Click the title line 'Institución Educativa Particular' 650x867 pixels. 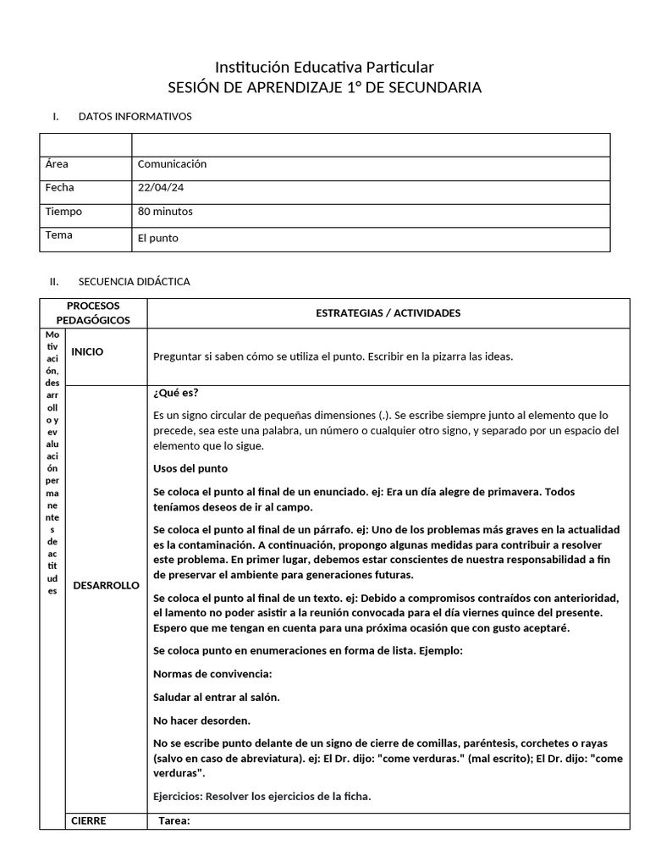click(324, 67)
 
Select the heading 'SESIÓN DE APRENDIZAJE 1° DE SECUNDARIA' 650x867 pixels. click(324, 88)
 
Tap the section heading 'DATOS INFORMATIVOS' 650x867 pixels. click(135, 116)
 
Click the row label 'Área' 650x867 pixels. click(58, 164)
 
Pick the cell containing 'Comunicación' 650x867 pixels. click(172, 164)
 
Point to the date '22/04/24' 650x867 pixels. click(160, 188)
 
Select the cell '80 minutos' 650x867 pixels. click(165, 212)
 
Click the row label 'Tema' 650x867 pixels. click(59, 235)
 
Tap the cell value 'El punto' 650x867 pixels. click(157, 239)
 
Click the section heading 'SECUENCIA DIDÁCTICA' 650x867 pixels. click(134, 281)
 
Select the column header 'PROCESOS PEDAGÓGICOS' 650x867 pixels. click(93, 312)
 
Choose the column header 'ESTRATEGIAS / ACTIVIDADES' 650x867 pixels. click(388, 313)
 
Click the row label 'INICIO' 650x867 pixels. click(88, 352)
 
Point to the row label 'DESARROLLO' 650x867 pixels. click(106, 585)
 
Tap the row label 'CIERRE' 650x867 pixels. click(89, 820)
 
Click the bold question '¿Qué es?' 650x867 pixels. click(176, 393)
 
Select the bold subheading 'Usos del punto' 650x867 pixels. click(190, 468)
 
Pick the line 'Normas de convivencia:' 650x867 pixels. click(212, 675)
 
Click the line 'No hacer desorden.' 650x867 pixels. click(201, 721)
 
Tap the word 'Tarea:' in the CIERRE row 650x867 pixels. click(174, 820)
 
